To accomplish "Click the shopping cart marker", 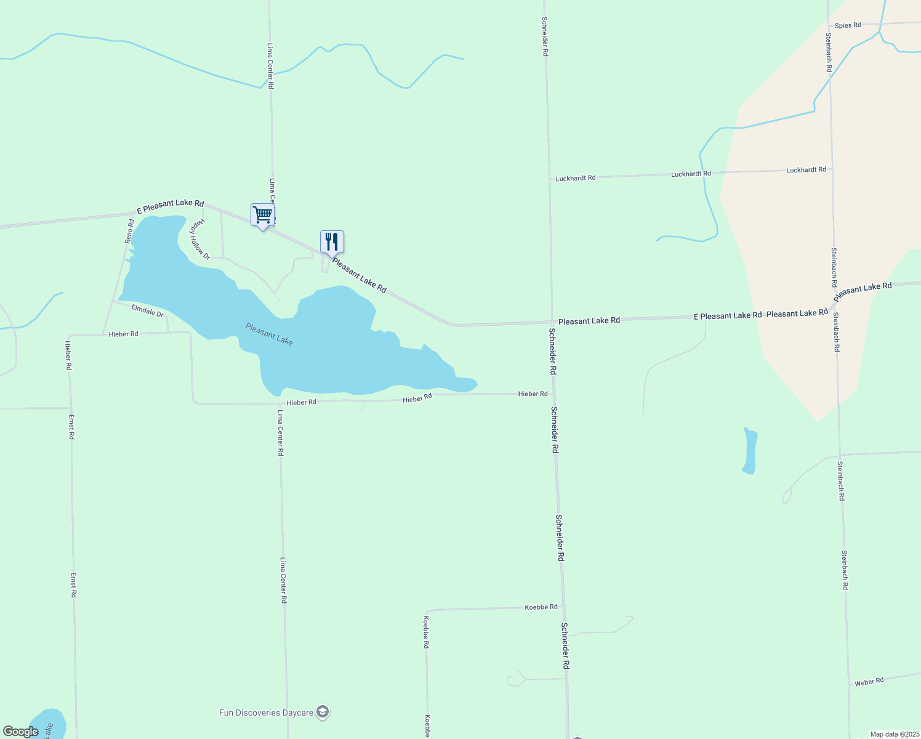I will coord(262,215).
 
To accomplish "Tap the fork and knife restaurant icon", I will coord(332,241).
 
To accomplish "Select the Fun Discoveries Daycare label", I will coord(266,713).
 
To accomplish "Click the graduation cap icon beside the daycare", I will coord(323,713).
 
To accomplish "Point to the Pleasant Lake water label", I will coord(269,334).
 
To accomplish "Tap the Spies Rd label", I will coord(848,25).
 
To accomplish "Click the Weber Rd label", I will coord(869,682).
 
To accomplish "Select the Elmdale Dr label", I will coord(147,311).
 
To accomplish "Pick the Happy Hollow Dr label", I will coord(199,239).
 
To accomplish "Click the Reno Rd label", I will coord(130,231).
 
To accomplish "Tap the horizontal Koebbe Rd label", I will coord(541,607).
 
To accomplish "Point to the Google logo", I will coord(20,732).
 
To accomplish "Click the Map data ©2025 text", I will coord(893,734).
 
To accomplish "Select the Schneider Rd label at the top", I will coord(545,36).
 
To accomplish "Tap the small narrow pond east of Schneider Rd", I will coord(749,450).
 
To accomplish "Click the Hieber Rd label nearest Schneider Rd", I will coord(533,394).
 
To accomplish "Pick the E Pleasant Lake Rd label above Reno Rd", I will coord(170,206).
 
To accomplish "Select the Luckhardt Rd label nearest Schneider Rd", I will coord(576,178).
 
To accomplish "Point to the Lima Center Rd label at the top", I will coord(270,66).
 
